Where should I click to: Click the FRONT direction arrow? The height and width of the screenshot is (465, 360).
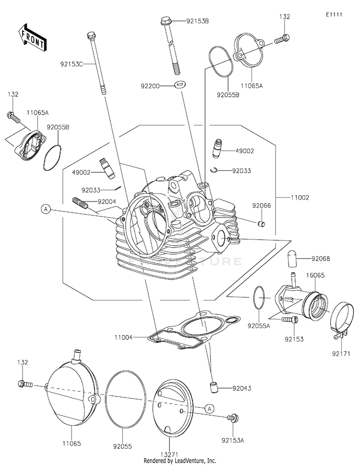[x=31, y=37]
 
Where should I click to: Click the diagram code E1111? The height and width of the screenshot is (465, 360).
[x=334, y=14]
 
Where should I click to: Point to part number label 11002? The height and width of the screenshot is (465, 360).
[x=300, y=198]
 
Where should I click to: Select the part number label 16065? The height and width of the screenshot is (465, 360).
[x=315, y=275]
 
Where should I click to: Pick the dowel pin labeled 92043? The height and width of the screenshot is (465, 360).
[x=212, y=388]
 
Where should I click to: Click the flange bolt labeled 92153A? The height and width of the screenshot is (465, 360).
[x=233, y=418]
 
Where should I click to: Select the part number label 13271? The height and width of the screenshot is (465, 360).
[x=169, y=454]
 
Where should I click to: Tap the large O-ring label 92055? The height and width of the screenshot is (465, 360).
[x=122, y=446]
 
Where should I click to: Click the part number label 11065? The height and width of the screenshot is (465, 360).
[x=72, y=443]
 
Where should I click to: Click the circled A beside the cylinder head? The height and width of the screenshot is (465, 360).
[x=46, y=209]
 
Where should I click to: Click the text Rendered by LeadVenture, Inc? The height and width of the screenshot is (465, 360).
[x=180, y=461]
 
